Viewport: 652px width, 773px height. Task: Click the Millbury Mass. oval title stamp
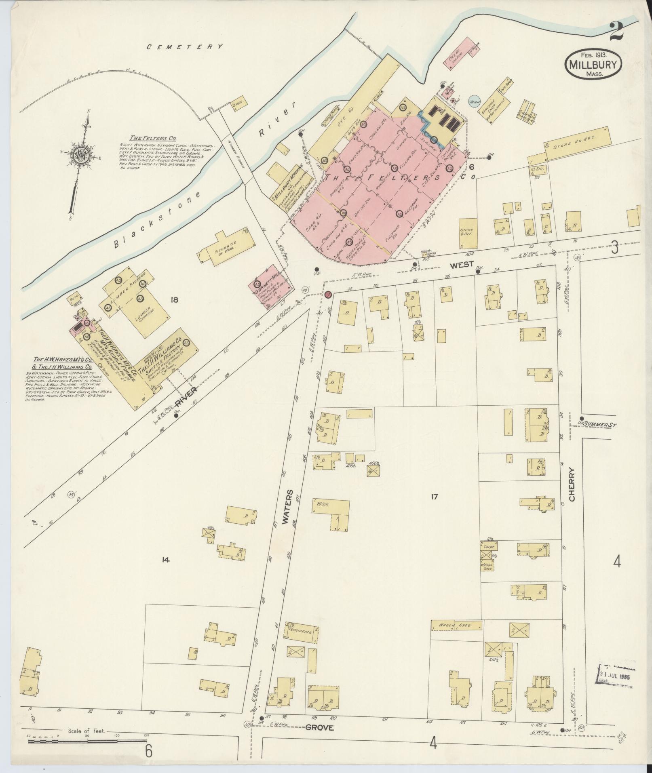[x=593, y=65]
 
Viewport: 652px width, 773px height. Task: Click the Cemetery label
[x=185, y=47]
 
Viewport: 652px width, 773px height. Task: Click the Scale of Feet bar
[x=87, y=741]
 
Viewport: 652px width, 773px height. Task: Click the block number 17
[x=434, y=497]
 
